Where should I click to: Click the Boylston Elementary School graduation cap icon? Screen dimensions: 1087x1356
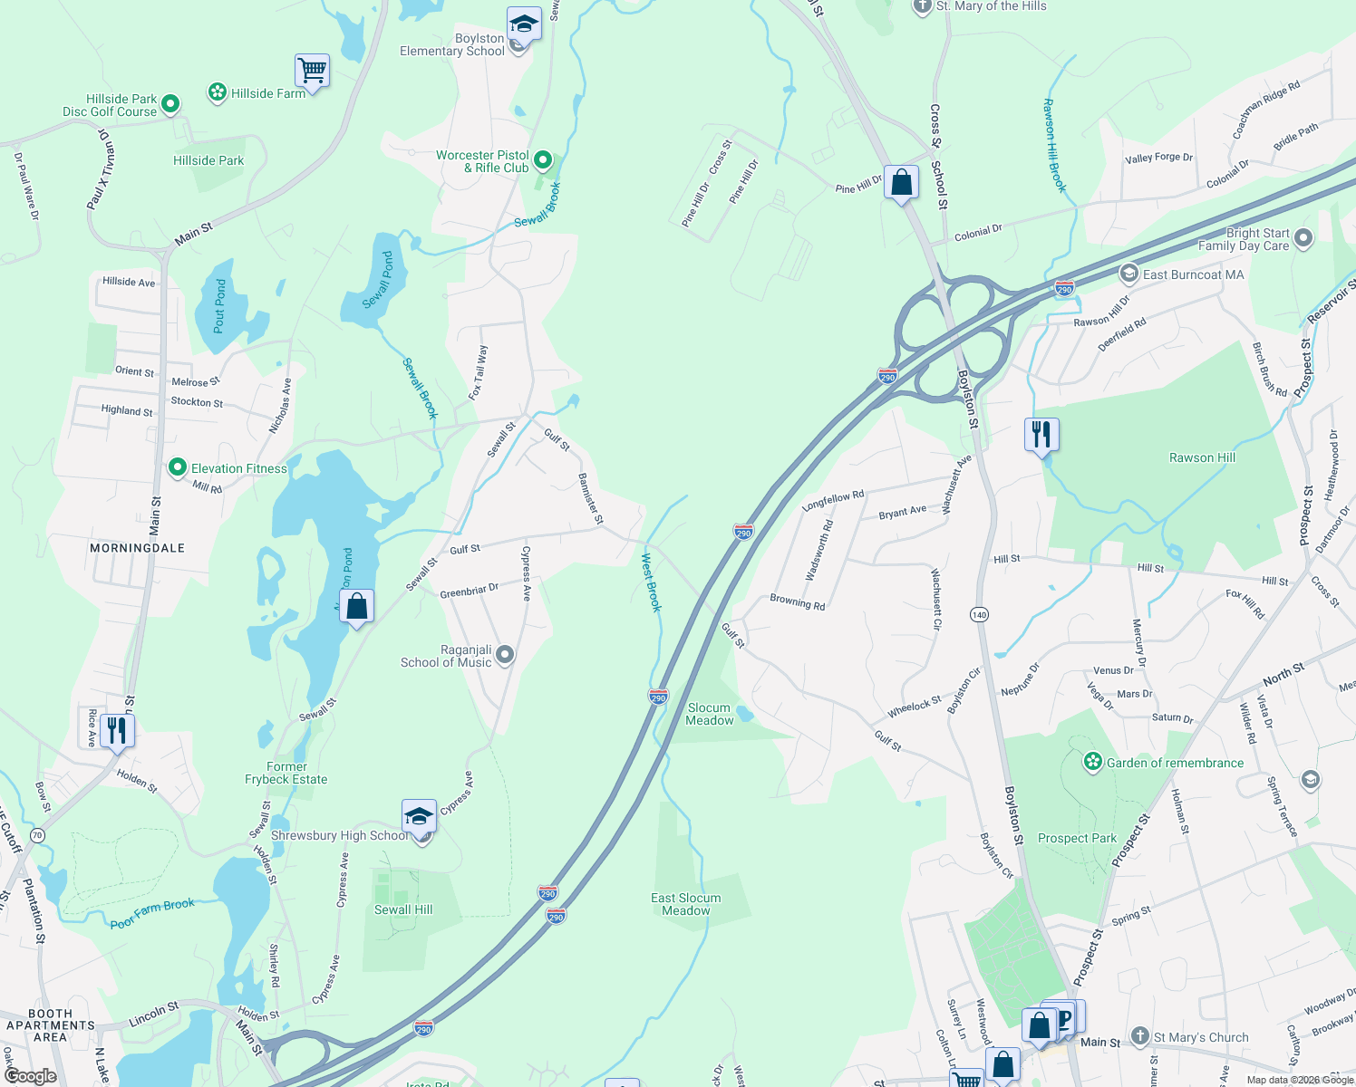(524, 24)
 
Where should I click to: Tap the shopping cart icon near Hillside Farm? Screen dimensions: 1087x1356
(312, 70)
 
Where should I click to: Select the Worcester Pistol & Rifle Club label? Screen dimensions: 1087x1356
(482, 161)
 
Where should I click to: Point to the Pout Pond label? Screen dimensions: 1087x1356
(219, 305)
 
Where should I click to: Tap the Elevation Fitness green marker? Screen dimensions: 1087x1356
(178, 468)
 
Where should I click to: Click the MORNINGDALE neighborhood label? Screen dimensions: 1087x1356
(137, 548)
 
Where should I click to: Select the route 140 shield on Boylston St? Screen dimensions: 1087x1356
(979, 615)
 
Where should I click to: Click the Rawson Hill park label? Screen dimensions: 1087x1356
(1202, 457)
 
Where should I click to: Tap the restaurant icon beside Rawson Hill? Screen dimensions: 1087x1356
(1041, 434)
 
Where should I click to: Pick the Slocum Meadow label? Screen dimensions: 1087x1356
(709, 714)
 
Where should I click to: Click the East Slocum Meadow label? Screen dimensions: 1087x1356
(685, 904)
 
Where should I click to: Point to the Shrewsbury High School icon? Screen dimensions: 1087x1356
(419, 816)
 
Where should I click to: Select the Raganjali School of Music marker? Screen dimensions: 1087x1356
(505, 655)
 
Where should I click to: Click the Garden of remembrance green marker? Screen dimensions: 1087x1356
(1093, 763)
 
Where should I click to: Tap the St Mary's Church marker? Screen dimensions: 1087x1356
(1140, 1036)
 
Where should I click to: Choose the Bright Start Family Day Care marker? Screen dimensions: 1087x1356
(1303, 238)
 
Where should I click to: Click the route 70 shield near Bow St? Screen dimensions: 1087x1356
(37, 834)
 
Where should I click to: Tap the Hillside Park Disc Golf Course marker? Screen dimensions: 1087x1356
(170, 105)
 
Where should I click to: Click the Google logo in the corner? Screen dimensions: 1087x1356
(30, 1076)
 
